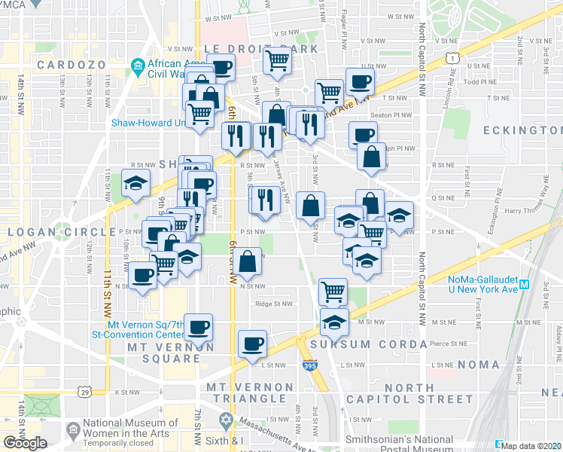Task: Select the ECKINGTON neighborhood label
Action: pos(521,130)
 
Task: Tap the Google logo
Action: pos(25,443)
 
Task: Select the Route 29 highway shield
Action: pos(83,392)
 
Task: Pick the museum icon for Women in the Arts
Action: pos(72,432)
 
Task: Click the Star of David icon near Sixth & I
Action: pos(225,419)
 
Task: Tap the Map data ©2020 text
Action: pos(531,446)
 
